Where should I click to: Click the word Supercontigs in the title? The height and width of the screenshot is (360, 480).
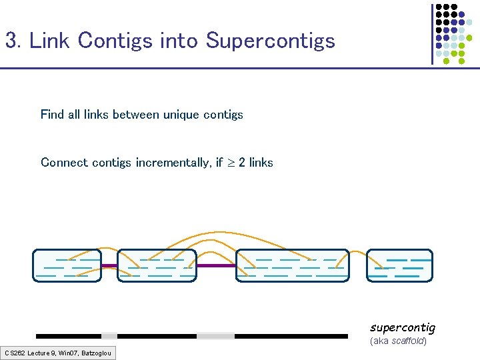(270, 41)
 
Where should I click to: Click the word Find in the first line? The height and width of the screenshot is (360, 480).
(53, 115)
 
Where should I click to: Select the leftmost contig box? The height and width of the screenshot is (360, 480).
(67, 265)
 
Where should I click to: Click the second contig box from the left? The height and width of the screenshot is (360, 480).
(157, 265)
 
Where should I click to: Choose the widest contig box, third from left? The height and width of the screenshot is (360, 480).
(293, 265)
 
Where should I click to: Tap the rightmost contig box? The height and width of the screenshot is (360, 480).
(399, 265)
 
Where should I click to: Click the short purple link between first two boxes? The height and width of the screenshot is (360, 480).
(109, 266)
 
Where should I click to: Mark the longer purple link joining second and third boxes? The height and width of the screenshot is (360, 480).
(217, 265)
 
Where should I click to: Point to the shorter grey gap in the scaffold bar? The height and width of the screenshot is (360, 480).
(109, 336)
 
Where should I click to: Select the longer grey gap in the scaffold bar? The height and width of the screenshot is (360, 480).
(216, 336)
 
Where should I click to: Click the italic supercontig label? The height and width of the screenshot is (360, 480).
(403, 327)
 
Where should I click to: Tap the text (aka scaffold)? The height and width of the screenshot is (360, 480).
(398, 341)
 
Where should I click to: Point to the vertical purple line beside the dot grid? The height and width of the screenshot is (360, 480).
(431, 33)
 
